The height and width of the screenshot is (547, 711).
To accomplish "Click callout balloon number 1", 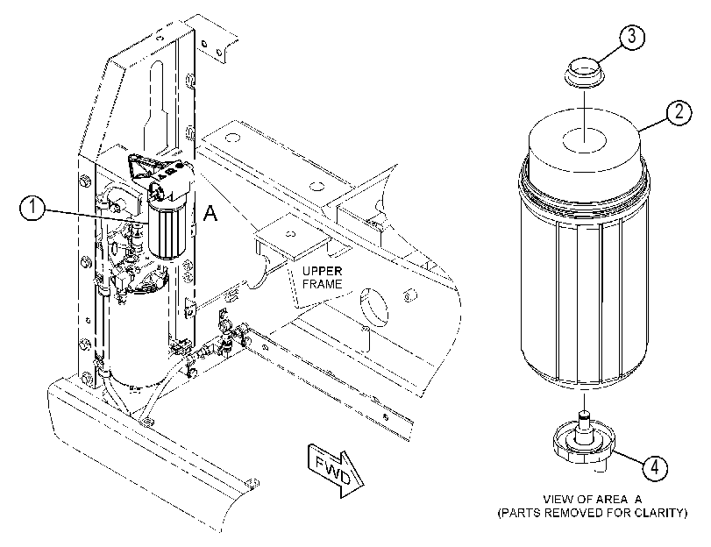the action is coord(32,209).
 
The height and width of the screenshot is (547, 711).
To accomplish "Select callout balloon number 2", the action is coord(679,112).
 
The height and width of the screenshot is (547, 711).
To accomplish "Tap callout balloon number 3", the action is coord(631,36).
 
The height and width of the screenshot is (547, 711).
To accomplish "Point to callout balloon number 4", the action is coord(655,466).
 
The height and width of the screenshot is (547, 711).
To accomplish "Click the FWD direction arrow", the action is coord(336,471).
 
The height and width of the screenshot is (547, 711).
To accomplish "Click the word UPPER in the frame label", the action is coord(323,271).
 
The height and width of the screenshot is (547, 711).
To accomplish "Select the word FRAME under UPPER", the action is coord(323,284).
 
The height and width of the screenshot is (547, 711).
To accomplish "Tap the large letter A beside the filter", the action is coord(210,213).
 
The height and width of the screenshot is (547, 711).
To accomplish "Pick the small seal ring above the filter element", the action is coord(585,72).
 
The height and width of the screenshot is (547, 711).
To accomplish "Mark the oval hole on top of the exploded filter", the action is coord(585,141).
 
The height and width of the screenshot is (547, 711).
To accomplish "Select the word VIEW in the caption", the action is coord(557,500).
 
